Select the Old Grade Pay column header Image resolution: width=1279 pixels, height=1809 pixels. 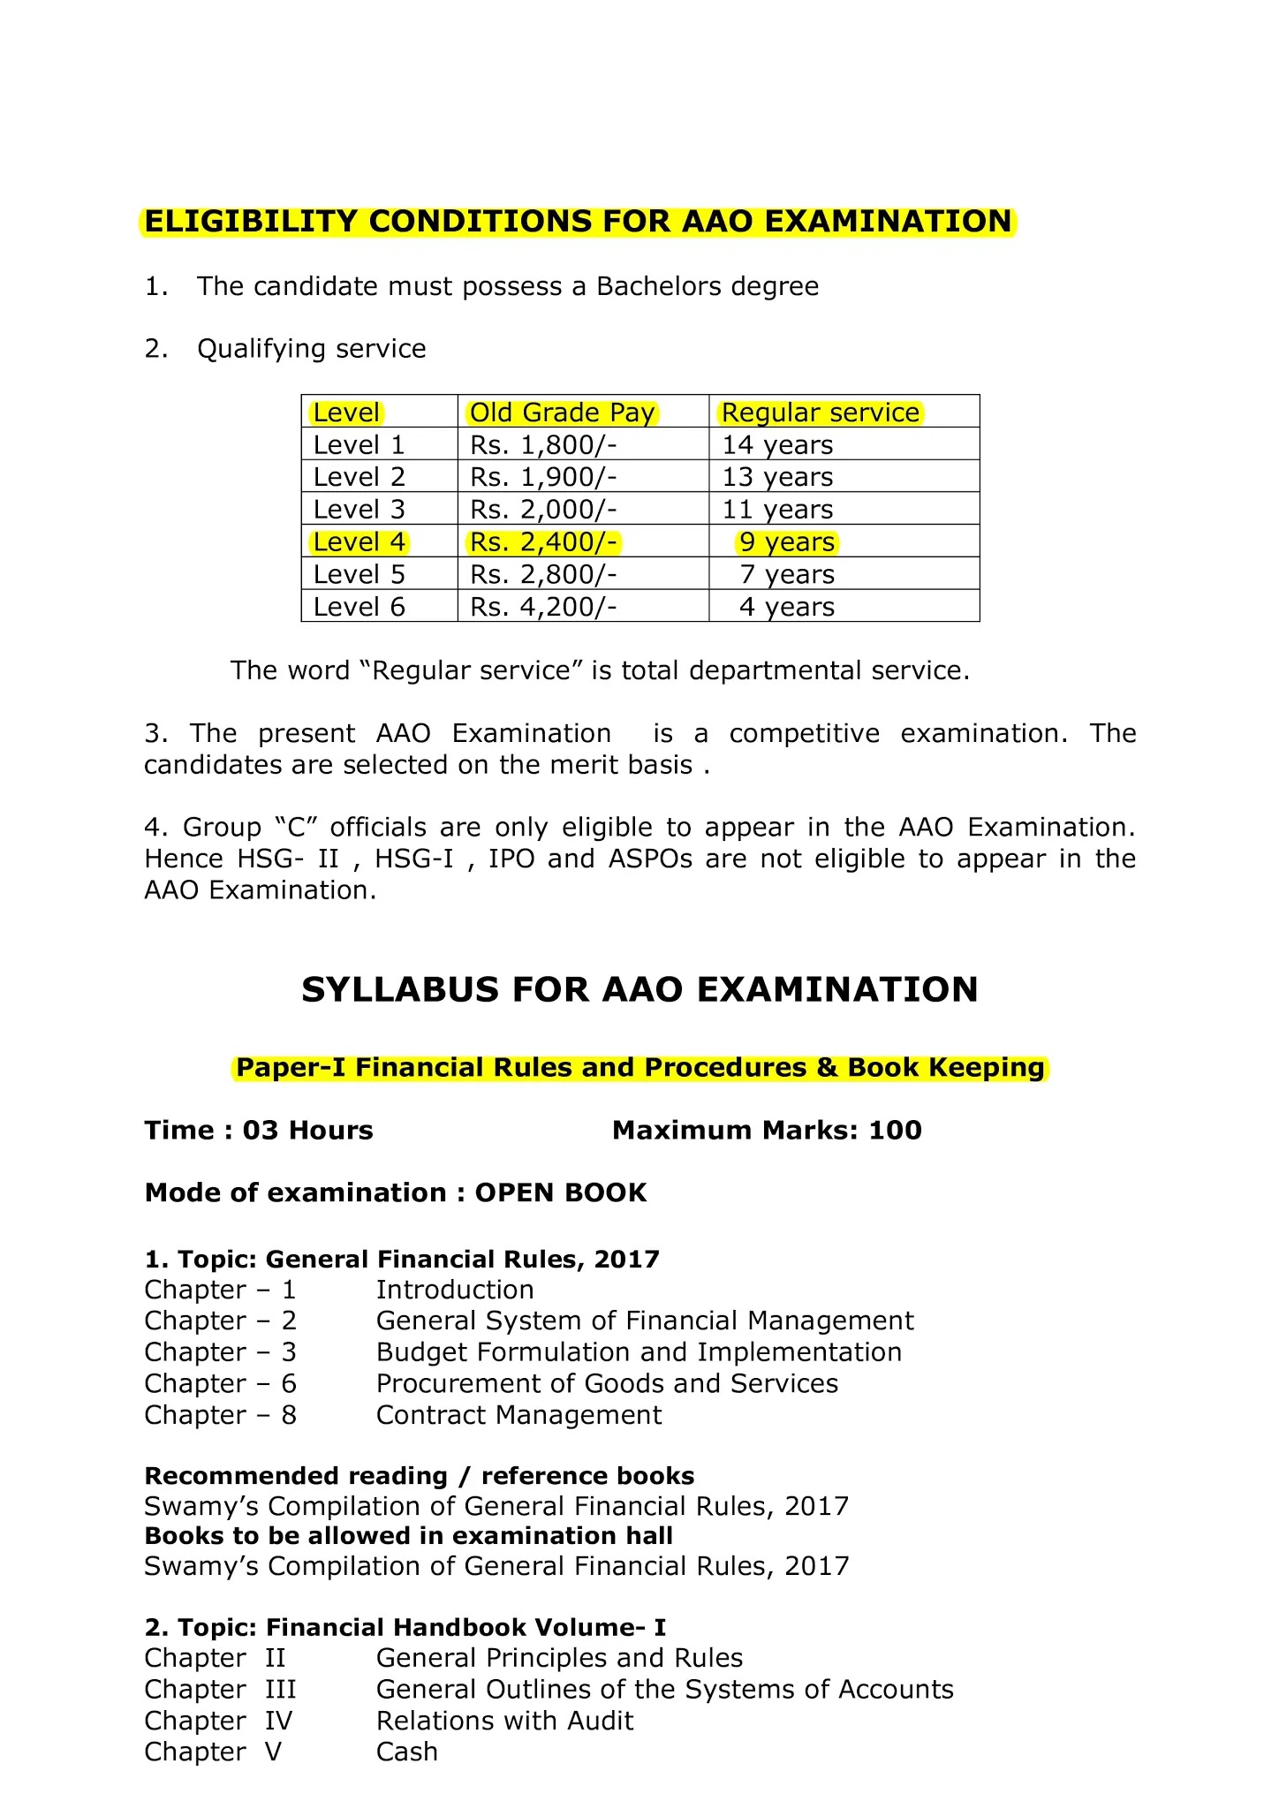pos(562,413)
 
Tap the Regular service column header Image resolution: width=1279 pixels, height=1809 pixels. pos(821,413)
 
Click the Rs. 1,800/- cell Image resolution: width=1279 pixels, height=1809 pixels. pos(543,445)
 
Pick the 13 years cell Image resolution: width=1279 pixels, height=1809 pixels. pos(777,477)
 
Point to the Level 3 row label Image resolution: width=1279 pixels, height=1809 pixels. pos(359,510)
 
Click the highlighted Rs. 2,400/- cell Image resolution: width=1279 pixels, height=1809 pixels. pos(543,542)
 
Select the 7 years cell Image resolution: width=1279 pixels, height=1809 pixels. pos(787,575)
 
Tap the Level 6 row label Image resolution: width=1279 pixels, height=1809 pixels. pos(359,607)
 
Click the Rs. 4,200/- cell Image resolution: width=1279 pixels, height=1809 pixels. pos(543,607)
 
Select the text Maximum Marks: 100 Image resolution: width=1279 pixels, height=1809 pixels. pos(767,1131)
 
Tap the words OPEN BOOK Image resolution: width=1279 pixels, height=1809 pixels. pos(561,1193)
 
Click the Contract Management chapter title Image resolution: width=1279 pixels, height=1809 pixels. pos(518,1415)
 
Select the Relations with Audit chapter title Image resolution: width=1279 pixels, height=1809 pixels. pos(504,1721)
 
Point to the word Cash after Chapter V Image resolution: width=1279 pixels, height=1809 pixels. pos(406,1752)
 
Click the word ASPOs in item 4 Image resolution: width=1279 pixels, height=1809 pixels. pos(650,859)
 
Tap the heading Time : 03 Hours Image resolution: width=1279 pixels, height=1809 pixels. pos(259,1131)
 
